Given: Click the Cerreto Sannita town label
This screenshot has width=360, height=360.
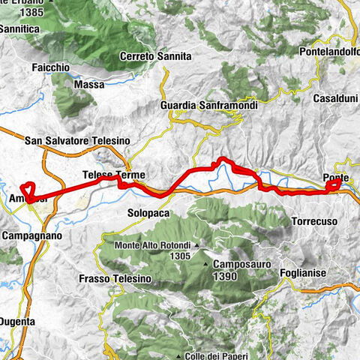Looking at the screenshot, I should pyautogui.click(x=156, y=56).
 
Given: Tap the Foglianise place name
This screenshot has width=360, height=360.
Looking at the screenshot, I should pyautogui.click(x=304, y=273).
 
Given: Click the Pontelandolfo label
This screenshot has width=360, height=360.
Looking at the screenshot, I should pyautogui.click(x=329, y=53).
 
